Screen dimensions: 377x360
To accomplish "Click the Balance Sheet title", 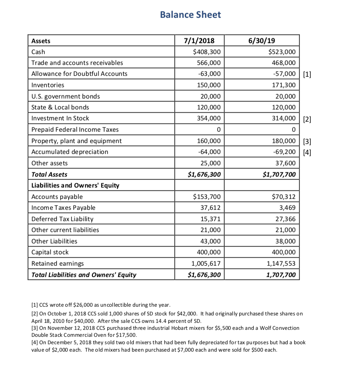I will pos(190,15).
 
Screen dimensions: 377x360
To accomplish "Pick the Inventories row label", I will pos(48,85).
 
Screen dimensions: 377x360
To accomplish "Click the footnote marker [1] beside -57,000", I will pos(307,74).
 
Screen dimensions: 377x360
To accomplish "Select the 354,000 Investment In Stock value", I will pos(209,118).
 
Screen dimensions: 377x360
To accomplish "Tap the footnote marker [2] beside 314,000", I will pos(307,118).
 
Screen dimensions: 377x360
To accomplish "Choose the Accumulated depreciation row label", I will pos(70,152).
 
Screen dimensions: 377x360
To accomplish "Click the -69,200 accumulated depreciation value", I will pos(284,152).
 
